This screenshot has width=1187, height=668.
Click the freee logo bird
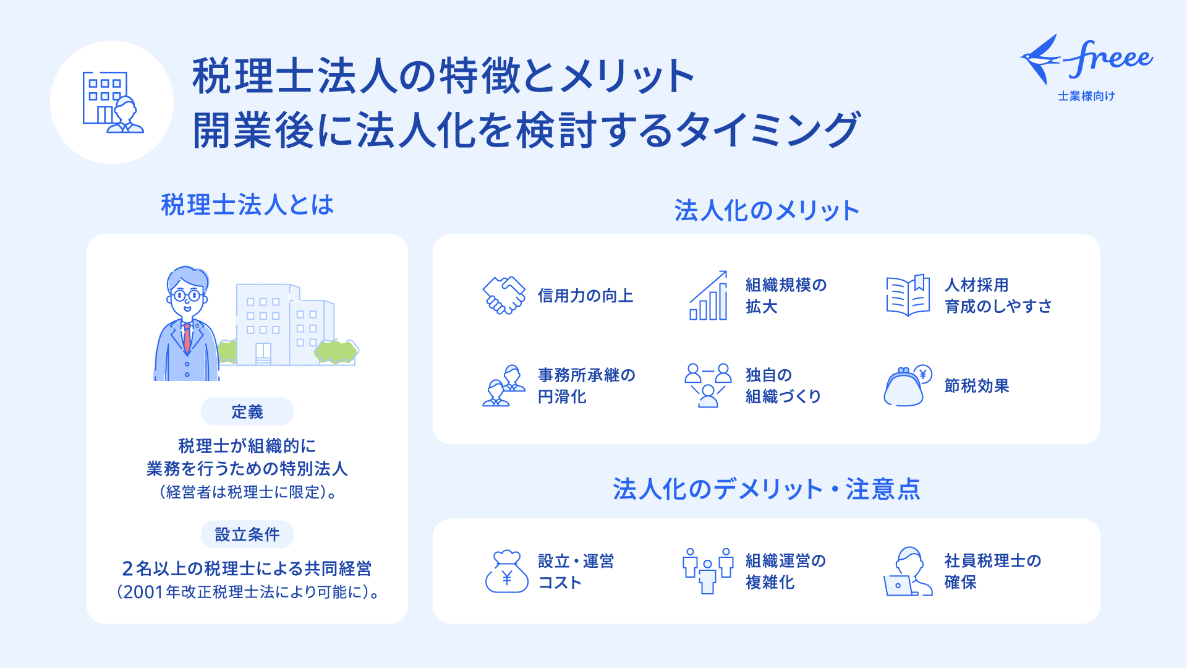point(1042,59)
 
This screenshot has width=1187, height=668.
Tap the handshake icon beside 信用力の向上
point(504,296)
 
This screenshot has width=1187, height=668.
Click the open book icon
point(908,295)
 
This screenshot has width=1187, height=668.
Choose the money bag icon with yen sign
point(507,572)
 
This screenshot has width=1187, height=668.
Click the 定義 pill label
point(247,411)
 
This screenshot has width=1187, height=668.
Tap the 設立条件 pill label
point(247,534)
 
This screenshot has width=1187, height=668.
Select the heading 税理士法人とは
point(247,205)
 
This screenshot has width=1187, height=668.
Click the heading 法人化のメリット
point(767,210)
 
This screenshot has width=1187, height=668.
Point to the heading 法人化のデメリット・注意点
point(767,489)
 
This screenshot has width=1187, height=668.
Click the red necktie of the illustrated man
point(187,338)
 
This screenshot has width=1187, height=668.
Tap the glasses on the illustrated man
point(187,296)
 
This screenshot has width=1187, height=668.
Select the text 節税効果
point(977,386)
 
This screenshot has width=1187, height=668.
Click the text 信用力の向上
point(585,296)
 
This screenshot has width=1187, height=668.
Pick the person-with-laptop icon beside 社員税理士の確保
point(908,571)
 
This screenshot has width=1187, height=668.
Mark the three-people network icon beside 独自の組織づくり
point(708,385)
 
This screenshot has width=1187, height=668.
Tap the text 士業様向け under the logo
point(1086,96)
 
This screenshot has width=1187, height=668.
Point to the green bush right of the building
point(336,351)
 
